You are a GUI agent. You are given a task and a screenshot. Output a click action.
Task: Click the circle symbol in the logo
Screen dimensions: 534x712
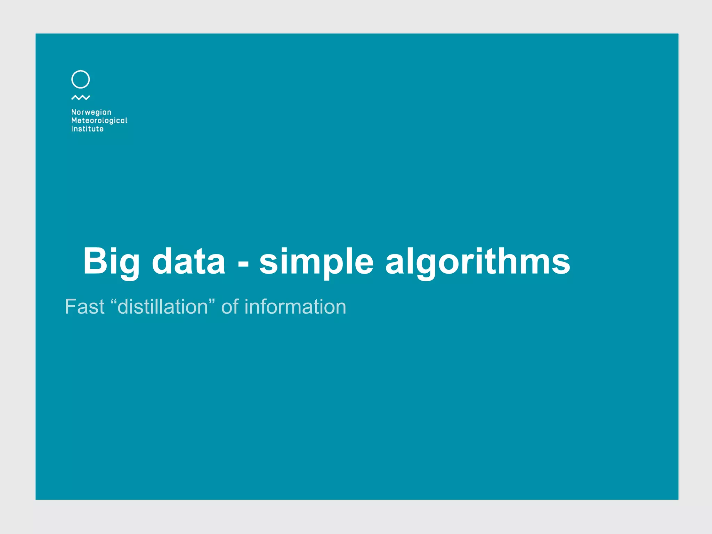(x=80, y=79)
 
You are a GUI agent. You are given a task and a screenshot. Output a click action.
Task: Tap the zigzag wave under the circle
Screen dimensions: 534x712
(x=80, y=98)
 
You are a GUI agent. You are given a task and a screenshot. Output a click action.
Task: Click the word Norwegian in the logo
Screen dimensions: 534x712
(x=91, y=112)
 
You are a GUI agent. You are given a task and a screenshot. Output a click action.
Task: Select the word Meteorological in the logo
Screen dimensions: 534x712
(x=99, y=121)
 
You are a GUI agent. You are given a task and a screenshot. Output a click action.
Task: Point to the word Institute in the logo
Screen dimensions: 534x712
(x=87, y=129)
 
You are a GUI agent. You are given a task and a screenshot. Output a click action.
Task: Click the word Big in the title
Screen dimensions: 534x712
(x=111, y=261)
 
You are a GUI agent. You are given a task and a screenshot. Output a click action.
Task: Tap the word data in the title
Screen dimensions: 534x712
(x=188, y=261)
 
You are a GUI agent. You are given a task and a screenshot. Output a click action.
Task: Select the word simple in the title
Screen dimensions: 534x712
(x=316, y=261)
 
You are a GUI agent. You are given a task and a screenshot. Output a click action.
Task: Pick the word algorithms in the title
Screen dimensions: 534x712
(x=478, y=261)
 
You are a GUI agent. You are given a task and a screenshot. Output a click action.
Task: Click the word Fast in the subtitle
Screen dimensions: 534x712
(x=84, y=307)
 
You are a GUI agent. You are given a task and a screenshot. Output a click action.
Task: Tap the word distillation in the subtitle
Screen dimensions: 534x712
(x=163, y=307)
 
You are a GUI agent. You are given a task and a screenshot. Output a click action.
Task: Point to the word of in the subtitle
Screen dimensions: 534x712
(x=230, y=307)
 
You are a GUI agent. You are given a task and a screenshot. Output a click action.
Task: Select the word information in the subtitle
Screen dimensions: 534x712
(x=295, y=307)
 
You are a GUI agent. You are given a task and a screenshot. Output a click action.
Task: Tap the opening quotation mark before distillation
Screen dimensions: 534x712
(x=114, y=301)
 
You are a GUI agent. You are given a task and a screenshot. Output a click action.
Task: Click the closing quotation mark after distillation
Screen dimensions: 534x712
(x=212, y=301)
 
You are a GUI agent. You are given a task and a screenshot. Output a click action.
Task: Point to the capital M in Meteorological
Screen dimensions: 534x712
(x=74, y=121)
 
